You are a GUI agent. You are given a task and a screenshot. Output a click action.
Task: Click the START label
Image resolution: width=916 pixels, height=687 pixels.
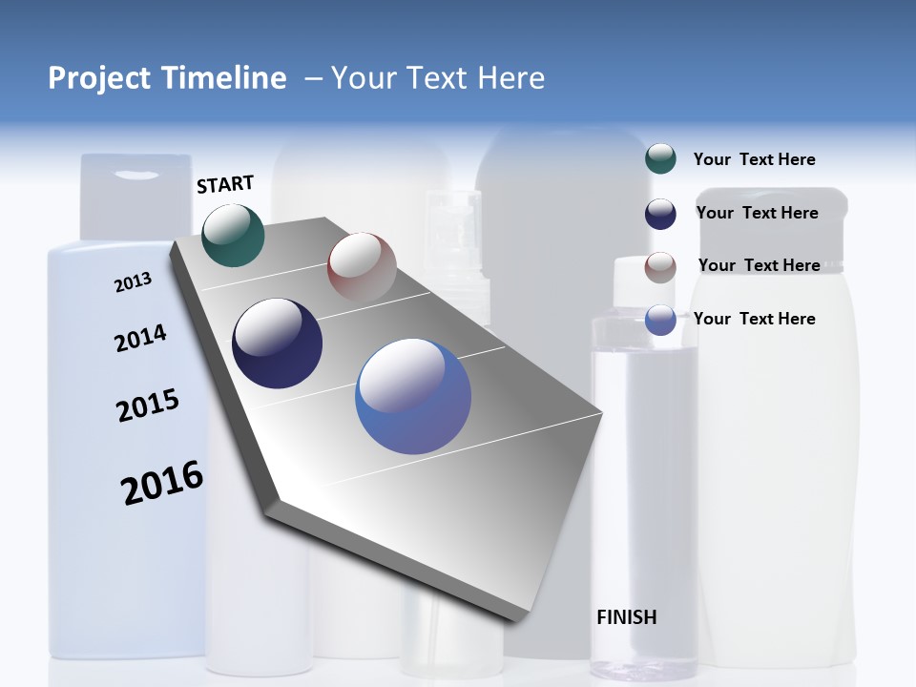pos(225,184)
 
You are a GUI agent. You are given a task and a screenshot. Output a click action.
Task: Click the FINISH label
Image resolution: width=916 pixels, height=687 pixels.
pos(626,617)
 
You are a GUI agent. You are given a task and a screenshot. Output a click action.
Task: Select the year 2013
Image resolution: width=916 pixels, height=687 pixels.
pos(133,282)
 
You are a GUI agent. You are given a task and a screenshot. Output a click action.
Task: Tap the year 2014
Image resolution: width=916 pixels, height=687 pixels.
pos(140,338)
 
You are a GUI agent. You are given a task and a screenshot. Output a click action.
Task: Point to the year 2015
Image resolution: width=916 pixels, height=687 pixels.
pos(147,406)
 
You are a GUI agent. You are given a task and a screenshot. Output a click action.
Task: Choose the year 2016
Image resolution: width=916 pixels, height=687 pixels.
pos(162,483)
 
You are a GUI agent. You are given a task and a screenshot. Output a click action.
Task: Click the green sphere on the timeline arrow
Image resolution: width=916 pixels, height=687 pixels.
pos(233,235)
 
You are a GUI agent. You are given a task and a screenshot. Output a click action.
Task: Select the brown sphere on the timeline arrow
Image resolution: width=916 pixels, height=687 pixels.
pos(362,266)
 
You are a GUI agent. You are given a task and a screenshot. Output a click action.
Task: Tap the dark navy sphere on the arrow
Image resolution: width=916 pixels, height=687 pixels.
pos(277,343)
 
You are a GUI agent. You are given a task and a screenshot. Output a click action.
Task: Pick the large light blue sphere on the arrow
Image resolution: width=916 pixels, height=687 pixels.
pos(413,396)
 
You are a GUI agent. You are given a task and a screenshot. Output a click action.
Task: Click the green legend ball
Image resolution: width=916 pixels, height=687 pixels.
pos(660,159)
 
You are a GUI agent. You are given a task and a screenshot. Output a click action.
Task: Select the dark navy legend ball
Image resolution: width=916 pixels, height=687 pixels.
pos(660,214)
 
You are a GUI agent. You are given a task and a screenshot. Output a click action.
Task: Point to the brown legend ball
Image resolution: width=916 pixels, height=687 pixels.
pos(660,267)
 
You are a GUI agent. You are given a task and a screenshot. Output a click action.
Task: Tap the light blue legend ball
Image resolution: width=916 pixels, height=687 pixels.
pos(660,320)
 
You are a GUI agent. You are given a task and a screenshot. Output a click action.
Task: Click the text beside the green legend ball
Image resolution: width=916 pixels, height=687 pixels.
pos(754,159)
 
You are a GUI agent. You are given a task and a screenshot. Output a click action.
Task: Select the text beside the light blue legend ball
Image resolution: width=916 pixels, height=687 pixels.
pos(754,319)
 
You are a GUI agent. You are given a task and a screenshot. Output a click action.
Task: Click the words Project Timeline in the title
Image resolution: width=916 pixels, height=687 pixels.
pos(167,78)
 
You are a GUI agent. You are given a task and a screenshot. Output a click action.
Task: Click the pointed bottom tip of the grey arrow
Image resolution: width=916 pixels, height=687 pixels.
pos(515,620)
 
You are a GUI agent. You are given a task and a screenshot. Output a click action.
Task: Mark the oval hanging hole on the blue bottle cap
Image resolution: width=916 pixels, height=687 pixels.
pos(139,175)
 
